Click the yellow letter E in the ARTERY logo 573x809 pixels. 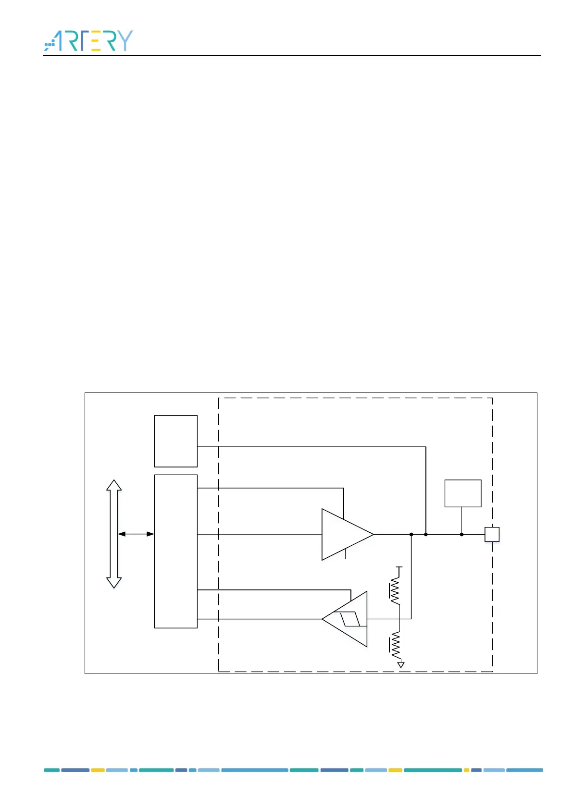pos(95,41)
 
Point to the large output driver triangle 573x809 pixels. pos(344,534)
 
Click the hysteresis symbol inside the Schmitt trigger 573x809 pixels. pos(350,619)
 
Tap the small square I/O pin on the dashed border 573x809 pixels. pos(492,534)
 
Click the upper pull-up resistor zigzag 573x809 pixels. pos(395,590)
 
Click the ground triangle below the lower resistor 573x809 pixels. pos(401,665)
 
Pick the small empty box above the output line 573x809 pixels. pos(462,493)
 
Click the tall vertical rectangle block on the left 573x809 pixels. pos(175,551)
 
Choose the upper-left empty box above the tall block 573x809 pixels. pos(175,441)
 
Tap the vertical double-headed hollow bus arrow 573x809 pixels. pos(114,534)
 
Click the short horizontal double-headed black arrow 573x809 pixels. pos(136,534)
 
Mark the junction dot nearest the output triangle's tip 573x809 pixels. pos(411,534)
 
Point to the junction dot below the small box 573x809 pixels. pos(461,534)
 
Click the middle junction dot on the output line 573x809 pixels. pos(426,534)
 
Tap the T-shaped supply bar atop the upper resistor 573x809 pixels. pos(399,568)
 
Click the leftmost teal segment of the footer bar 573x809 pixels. pos(52,770)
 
